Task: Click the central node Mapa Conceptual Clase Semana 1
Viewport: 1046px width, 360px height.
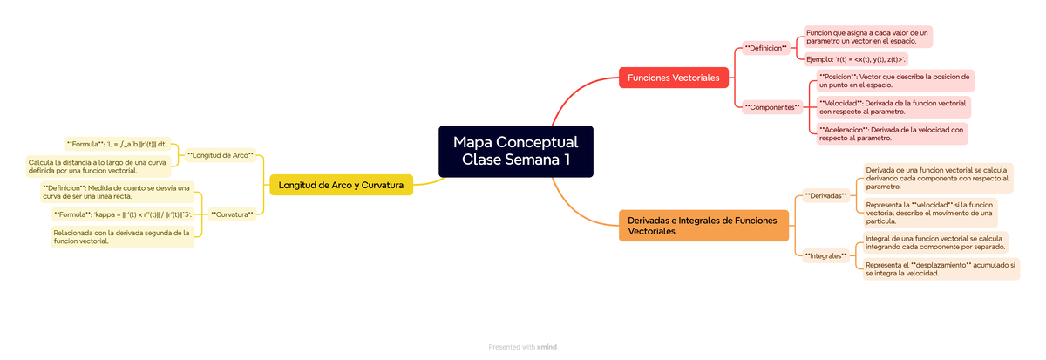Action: pos(515,151)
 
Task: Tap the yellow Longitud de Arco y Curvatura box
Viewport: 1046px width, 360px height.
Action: pos(341,185)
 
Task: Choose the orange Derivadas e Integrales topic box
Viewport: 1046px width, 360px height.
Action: pos(703,225)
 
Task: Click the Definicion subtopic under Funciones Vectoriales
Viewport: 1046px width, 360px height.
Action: pos(765,48)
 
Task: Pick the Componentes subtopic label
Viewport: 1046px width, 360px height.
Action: pos(771,107)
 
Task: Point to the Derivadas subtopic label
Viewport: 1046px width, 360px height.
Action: pos(825,196)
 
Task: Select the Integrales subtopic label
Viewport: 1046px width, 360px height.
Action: pos(825,256)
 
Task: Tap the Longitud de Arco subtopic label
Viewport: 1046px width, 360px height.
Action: pos(221,156)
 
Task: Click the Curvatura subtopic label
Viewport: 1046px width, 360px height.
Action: pos(232,214)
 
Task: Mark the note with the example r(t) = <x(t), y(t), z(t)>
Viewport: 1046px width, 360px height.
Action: pos(855,59)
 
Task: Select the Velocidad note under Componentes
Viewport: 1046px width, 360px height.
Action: pos(893,107)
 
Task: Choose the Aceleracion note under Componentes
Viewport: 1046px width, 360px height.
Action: pos(892,133)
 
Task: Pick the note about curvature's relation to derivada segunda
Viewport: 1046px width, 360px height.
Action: pos(121,237)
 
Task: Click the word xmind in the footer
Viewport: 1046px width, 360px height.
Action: pos(547,347)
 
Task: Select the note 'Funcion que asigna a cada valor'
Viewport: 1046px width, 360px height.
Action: pos(867,37)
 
